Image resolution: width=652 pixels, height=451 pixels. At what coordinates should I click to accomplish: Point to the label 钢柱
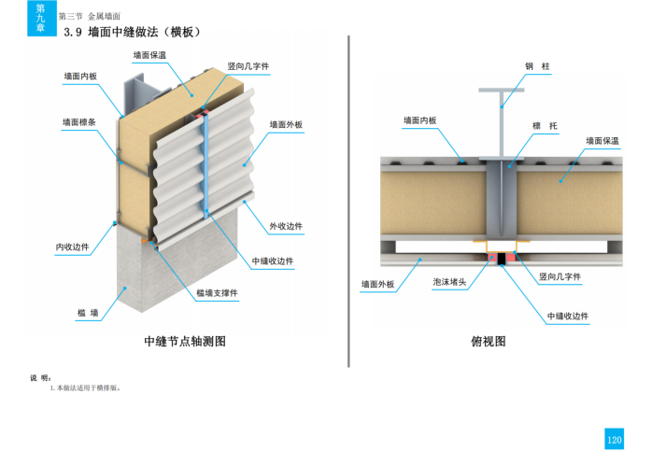click(536, 66)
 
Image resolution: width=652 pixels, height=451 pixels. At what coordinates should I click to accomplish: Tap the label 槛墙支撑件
click(217, 292)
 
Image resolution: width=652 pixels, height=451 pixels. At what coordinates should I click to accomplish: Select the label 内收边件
click(72, 247)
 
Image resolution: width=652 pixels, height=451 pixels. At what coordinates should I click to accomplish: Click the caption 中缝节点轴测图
click(185, 341)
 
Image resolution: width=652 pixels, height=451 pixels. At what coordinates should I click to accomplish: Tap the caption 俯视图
click(488, 341)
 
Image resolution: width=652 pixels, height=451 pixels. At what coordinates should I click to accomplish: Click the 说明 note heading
click(40, 377)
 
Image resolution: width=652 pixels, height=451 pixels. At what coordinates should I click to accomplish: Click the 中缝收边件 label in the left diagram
click(273, 261)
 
